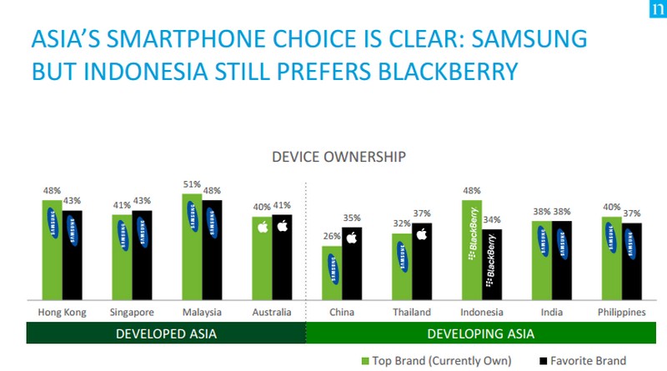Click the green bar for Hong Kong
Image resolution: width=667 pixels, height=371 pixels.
(52, 250)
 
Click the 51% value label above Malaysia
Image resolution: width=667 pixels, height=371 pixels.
(192, 185)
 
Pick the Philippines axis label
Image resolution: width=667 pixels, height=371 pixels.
(621, 312)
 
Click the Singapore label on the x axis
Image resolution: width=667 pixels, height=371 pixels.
(133, 312)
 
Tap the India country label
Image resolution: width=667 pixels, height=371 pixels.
(551, 312)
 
